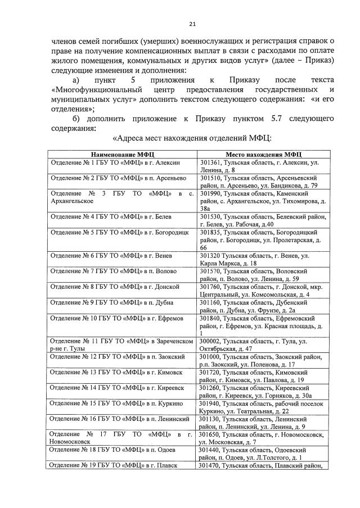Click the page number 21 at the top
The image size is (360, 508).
click(x=192, y=24)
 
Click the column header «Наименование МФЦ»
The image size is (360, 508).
click(x=122, y=154)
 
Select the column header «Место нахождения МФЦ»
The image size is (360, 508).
click(x=264, y=154)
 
